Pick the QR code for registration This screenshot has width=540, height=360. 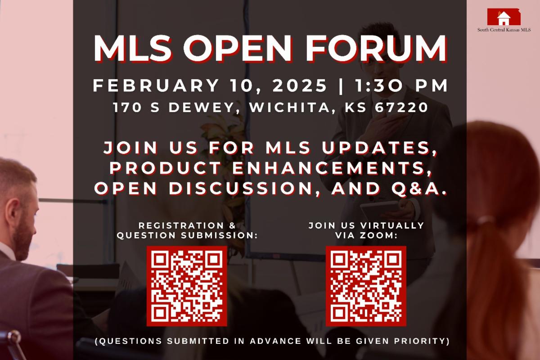coord(187,286)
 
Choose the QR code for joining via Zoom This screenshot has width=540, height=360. coord(366,286)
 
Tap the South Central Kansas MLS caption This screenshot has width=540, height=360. coord(504,30)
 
